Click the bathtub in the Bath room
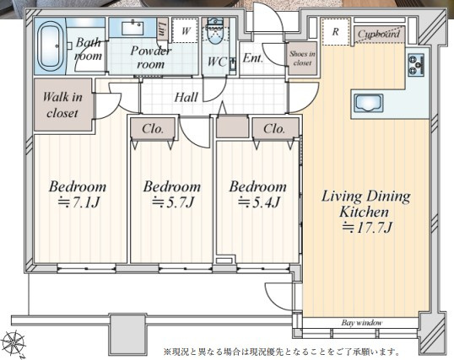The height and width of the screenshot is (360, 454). pyautogui.click(x=50, y=46)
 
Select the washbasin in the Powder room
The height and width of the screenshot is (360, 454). pyautogui.click(x=132, y=28)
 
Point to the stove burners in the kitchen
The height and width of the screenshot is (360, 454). pyautogui.click(x=416, y=65)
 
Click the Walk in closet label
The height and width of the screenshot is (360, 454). pyautogui.click(x=62, y=105)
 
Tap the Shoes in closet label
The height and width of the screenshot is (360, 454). pyautogui.click(x=302, y=58)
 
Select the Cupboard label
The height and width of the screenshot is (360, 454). pyautogui.click(x=378, y=34)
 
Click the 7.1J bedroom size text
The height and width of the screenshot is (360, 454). pyautogui.click(x=78, y=202)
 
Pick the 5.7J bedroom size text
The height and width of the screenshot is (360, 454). pyautogui.click(x=172, y=202)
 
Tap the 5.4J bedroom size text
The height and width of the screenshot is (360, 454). pyautogui.click(x=258, y=202)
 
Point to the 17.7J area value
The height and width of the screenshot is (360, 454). pyautogui.click(x=367, y=228)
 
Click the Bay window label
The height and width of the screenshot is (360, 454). pyautogui.click(x=362, y=322)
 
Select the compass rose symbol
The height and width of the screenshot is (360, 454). pyautogui.click(x=14, y=344)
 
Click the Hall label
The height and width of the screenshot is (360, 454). pyautogui.click(x=186, y=97)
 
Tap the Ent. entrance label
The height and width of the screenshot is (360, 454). pyautogui.click(x=253, y=58)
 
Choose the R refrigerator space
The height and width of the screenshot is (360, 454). pyautogui.click(x=335, y=31)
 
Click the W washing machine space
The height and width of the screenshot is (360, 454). pyautogui.click(x=186, y=30)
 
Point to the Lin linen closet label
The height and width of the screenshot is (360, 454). pyautogui.click(x=162, y=29)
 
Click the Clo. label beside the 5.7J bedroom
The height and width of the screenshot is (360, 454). pyautogui.click(x=153, y=128)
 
